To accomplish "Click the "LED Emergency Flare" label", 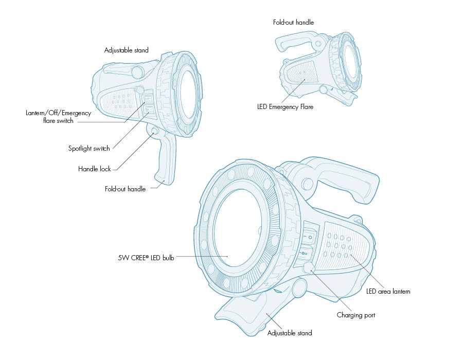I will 285,107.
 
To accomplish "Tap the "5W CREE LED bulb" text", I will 146,258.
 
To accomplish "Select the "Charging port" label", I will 356,315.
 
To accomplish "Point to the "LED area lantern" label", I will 388,292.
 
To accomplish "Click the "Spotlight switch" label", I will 89,149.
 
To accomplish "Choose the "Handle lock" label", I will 94,169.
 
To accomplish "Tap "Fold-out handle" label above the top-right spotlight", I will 293,23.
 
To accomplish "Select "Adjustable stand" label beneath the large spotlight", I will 290,333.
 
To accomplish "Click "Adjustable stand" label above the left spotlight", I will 126,50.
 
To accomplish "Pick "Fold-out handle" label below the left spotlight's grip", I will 125,189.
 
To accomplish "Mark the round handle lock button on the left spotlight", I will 154,132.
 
